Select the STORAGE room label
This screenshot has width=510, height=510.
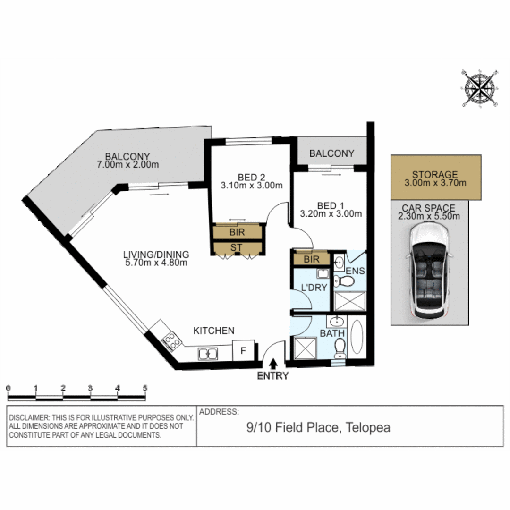pyautogui.click(x=435, y=174)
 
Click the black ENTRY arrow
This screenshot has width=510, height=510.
pyautogui.click(x=273, y=364)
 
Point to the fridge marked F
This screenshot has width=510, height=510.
pyautogui.click(x=244, y=351)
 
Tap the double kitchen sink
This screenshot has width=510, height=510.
pyautogui.click(x=208, y=353)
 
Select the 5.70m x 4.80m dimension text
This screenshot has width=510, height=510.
pyautogui.click(x=157, y=263)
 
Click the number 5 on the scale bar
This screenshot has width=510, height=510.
pyautogui.click(x=145, y=388)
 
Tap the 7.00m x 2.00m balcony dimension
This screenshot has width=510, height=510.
pyautogui.click(x=127, y=165)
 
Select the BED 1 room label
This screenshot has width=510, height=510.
pyautogui.click(x=331, y=205)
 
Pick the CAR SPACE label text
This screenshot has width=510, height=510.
pyautogui.click(x=429, y=208)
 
